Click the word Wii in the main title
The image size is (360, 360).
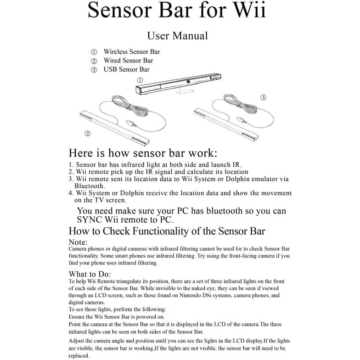click(x=248, y=10)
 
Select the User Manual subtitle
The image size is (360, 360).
click(x=177, y=36)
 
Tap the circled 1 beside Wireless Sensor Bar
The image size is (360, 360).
click(x=94, y=52)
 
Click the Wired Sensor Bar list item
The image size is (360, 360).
click(x=128, y=61)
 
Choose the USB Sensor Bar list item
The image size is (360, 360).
click(x=126, y=70)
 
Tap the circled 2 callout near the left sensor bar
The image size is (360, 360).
click(x=87, y=134)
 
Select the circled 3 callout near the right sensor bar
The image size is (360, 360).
click(x=263, y=97)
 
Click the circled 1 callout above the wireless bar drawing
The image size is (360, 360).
click(x=140, y=80)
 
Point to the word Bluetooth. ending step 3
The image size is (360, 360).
click(x=90, y=186)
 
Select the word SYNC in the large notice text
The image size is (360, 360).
click(x=90, y=220)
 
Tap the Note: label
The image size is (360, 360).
click(x=78, y=242)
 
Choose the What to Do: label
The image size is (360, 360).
click(x=87, y=274)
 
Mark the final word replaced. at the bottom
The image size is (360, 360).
click(x=79, y=355)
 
